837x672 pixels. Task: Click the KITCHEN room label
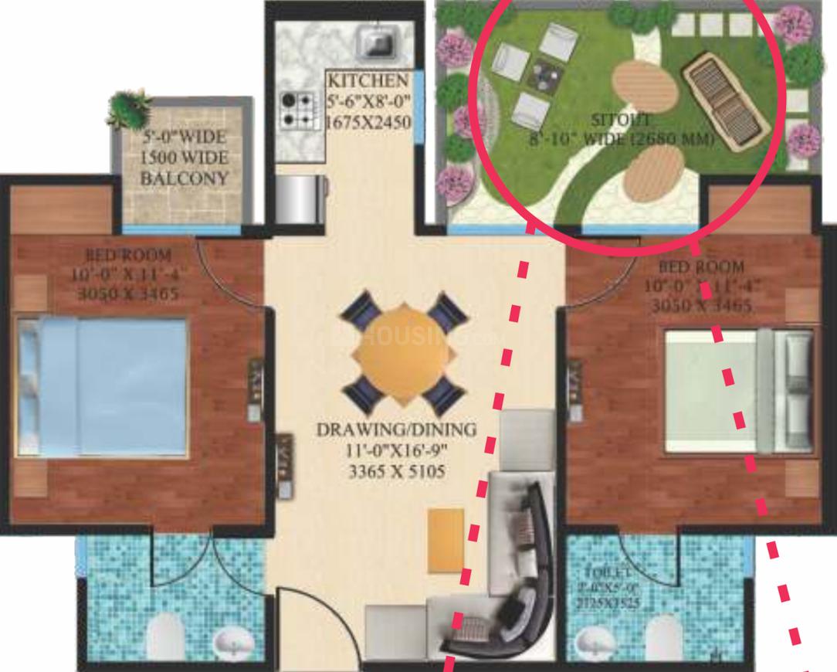pos(368,80)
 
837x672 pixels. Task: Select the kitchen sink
pos(378,40)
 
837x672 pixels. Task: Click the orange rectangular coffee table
pos(446,540)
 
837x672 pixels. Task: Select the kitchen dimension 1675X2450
pos(368,122)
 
